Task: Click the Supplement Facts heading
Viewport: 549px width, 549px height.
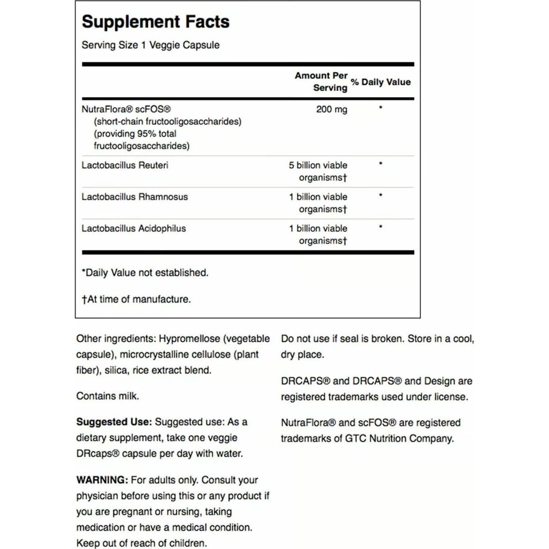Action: (155, 22)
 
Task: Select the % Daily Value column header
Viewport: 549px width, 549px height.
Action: (381, 82)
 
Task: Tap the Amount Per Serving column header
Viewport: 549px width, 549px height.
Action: (321, 82)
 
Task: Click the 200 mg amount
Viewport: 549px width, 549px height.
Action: (332, 109)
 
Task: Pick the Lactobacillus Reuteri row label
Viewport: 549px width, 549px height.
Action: (125, 165)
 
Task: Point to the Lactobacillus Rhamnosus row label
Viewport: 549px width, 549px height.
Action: (135, 197)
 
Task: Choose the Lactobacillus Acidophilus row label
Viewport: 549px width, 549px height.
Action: (133, 229)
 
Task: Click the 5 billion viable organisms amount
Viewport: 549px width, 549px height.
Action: (318, 171)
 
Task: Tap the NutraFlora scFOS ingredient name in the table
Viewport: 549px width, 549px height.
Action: (126, 109)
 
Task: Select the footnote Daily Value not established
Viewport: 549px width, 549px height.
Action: (145, 273)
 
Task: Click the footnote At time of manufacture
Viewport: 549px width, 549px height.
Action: (136, 299)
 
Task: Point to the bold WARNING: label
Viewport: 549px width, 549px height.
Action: (102, 480)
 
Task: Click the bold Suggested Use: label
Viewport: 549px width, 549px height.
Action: (114, 422)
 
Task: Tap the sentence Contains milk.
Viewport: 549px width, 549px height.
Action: (107, 396)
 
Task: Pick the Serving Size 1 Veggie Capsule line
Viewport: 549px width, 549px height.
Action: (151, 45)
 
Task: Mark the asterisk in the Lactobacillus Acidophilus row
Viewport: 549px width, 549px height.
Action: (381, 227)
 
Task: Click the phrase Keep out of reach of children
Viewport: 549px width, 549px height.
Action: (141, 543)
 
